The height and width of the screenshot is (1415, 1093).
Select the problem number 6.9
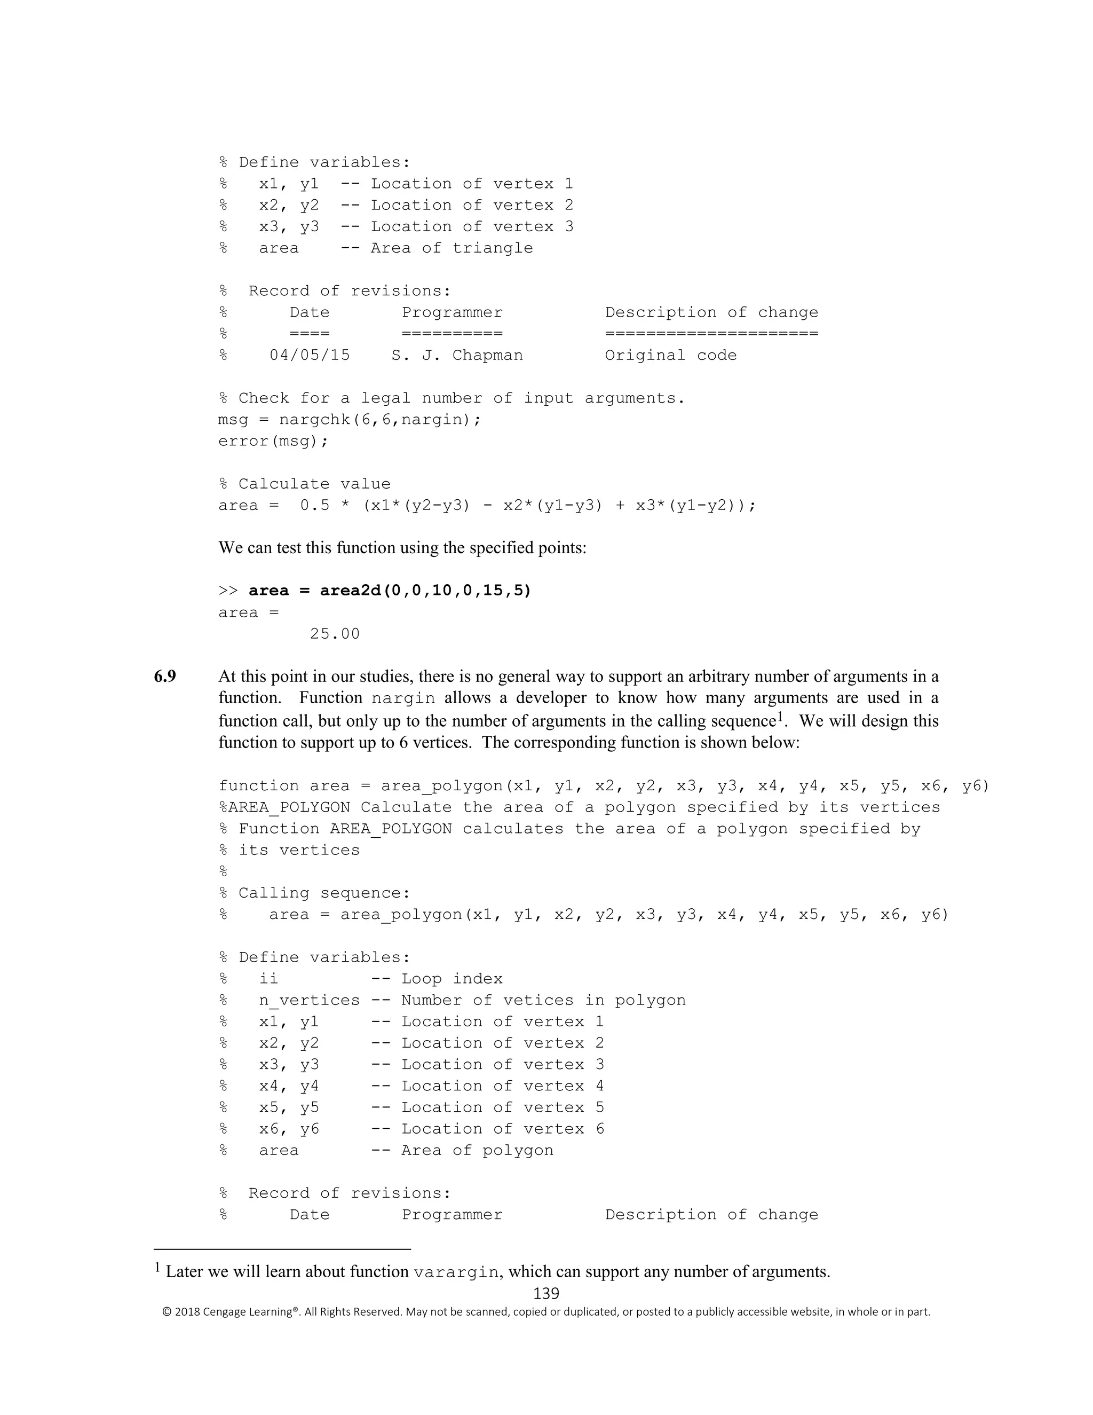click(x=165, y=677)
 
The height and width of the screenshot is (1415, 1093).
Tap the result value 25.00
click(x=334, y=634)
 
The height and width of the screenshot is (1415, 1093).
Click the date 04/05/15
click(x=310, y=355)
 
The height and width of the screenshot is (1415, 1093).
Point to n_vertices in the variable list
click(x=309, y=1000)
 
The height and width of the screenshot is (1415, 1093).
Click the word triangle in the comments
click(x=492, y=248)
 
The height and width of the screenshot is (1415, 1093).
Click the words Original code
click(x=671, y=355)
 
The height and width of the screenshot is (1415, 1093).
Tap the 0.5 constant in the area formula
click(x=315, y=505)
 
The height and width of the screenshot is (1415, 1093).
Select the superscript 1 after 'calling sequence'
click(x=780, y=717)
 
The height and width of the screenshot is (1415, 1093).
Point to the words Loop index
click(x=452, y=979)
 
